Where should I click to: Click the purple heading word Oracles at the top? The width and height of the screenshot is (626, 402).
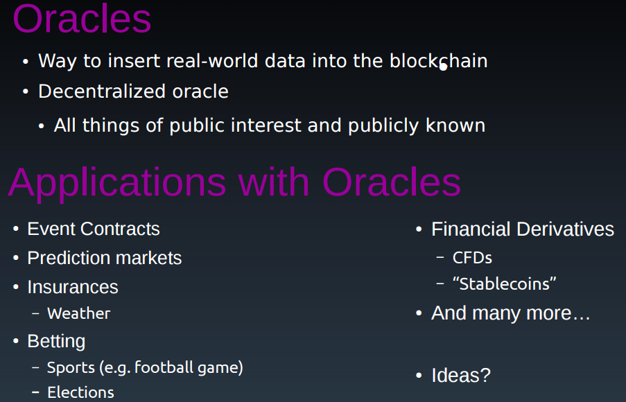tap(82, 19)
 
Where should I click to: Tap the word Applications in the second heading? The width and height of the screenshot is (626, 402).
tap(117, 184)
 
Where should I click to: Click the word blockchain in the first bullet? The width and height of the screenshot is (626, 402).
tap(438, 61)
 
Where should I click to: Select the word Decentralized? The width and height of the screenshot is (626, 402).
tap(102, 91)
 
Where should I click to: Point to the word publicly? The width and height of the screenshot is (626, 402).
tap(383, 125)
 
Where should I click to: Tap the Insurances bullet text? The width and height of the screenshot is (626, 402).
tap(73, 287)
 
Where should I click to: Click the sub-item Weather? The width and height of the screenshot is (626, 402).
tap(78, 313)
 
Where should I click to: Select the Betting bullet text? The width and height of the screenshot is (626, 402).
tap(56, 341)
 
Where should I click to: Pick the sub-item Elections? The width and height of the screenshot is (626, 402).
tap(80, 392)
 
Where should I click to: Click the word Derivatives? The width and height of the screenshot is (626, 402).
tap(565, 229)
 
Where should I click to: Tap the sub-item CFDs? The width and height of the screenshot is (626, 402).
tap(472, 258)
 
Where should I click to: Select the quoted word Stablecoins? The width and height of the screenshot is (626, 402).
tap(504, 284)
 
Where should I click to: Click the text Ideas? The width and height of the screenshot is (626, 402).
tap(461, 375)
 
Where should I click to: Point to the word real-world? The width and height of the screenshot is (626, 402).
tap(212, 61)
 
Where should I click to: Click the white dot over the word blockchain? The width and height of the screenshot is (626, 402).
tap(443, 67)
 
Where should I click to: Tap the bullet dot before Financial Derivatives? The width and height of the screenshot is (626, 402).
tap(419, 229)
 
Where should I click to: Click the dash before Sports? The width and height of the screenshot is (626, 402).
tap(35, 367)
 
